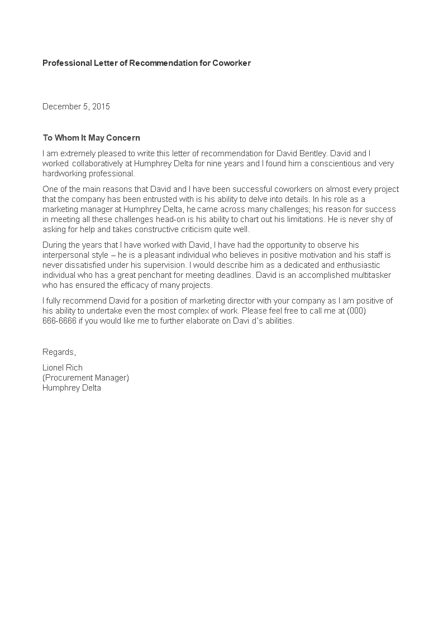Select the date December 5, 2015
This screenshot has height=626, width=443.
click(x=76, y=107)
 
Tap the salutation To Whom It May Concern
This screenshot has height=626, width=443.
click(x=91, y=138)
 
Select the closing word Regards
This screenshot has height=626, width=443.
click(x=59, y=352)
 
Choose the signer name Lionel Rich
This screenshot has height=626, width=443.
click(x=63, y=368)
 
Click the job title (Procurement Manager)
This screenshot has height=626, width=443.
click(x=85, y=378)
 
